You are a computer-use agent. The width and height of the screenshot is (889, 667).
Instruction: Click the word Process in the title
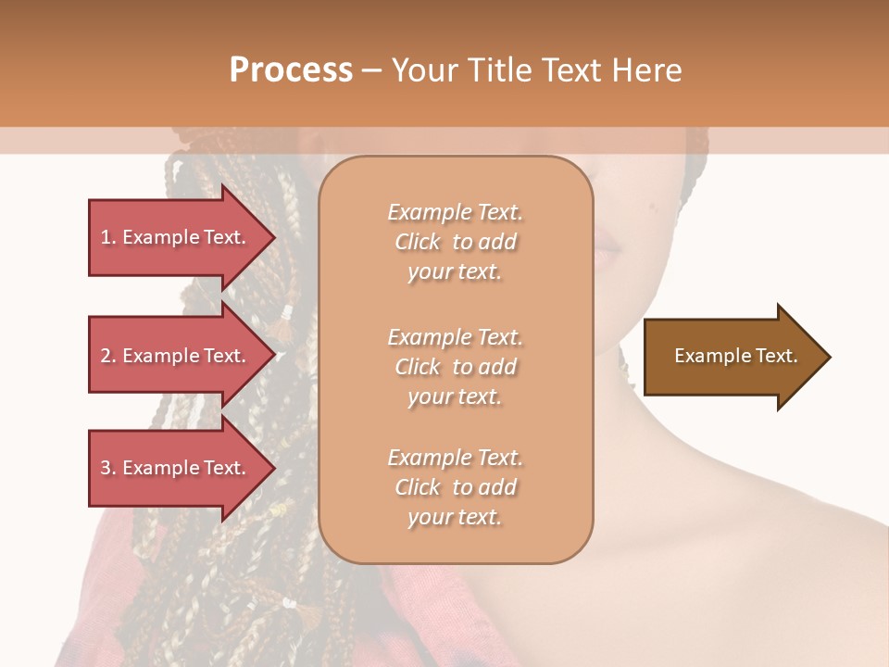[291, 69]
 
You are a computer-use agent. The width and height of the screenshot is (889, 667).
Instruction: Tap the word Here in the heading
[645, 69]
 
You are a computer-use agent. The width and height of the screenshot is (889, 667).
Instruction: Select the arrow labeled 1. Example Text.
[176, 237]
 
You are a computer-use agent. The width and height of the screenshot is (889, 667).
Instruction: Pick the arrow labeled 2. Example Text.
[176, 356]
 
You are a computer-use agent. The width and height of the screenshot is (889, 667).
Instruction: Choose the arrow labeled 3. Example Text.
[176, 468]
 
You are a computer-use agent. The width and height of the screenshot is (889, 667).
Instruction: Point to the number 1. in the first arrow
[108, 237]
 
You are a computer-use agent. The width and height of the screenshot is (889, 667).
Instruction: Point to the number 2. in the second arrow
[108, 356]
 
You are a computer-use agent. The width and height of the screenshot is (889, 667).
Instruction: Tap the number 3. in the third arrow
[108, 468]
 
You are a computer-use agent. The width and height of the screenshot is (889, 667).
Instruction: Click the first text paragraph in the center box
[455, 242]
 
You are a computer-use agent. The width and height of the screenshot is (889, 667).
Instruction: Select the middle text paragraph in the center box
[455, 367]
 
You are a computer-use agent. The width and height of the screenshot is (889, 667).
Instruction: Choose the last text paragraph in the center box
[455, 487]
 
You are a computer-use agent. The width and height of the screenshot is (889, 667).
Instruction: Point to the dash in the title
[371, 70]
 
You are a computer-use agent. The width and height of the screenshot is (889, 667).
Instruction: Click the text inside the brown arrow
[736, 356]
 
